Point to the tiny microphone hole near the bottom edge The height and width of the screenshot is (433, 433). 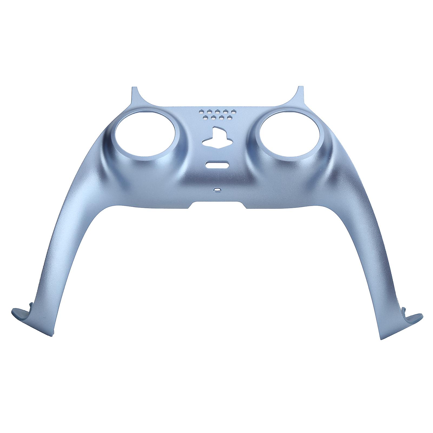217,190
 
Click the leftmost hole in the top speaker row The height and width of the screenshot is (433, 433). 201,111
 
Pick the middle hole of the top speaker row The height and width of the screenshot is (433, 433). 217,111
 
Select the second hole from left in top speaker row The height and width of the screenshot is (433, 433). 209,111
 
